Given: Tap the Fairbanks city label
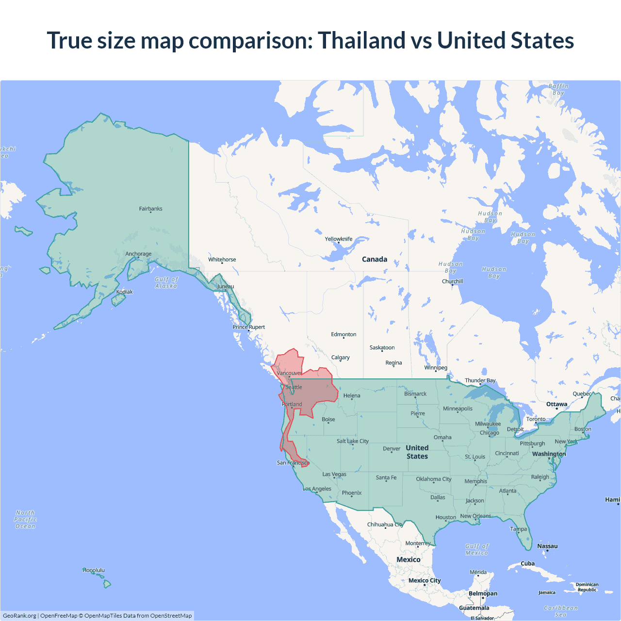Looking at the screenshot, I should tap(150, 209).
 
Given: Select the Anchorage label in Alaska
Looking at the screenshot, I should tap(138, 254).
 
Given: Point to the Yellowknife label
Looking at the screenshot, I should tap(339, 239).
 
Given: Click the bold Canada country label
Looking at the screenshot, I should tap(375, 259).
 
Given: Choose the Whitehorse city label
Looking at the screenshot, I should tap(222, 260).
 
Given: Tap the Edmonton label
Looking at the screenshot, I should tap(343, 334).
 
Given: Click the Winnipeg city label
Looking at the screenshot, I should tap(436, 367).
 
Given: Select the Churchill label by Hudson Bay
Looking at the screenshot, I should tap(452, 281).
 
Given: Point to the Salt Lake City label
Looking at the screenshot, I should tap(353, 441).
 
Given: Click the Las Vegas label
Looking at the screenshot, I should tap(334, 474).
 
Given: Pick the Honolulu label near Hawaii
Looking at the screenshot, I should tap(94, 570).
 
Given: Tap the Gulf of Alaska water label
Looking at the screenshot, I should tap(166, 282).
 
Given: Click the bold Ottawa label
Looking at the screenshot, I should tap(556, 404).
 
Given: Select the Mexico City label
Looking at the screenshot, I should tap(425, 580).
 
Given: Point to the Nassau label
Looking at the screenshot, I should tap(547, 546).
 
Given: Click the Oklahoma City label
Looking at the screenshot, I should tap(434, 479).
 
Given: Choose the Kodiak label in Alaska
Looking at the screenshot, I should tap(124, 292).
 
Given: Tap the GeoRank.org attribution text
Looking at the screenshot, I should tap(19, 616).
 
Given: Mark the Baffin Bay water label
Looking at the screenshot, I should tap(558, 89).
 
